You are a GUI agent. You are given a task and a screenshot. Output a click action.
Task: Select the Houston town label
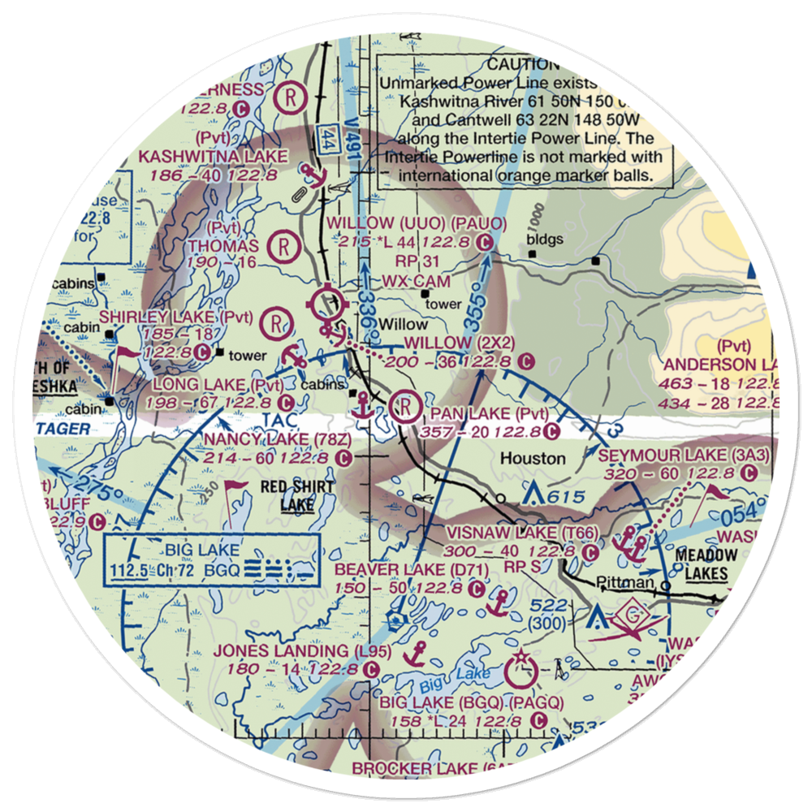pos(533,459)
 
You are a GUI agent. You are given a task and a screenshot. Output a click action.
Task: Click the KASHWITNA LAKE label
pos(214,156)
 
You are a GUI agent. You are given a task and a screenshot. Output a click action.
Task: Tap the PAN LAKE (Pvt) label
pos(490,415)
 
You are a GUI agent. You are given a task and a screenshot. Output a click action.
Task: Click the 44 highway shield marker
pos(328,136)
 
